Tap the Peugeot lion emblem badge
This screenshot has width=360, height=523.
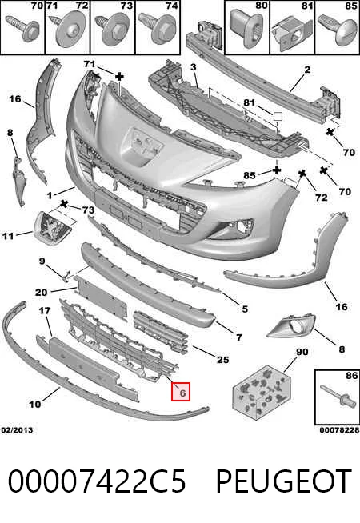54,228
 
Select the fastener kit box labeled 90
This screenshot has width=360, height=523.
262,391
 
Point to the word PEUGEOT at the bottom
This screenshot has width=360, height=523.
283,481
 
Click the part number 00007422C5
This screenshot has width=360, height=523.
97,481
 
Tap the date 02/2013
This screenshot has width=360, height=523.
17,430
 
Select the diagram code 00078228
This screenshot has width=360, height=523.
339,430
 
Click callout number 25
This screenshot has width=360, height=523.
223,360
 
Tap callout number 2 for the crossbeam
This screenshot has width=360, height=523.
307,69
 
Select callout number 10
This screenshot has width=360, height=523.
34,405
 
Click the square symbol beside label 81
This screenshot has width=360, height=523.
278,117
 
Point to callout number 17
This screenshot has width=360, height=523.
45,310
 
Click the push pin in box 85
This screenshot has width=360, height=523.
337,30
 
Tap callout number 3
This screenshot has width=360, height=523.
194,67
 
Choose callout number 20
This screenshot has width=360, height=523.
41,293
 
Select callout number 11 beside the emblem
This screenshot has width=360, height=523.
8,236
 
